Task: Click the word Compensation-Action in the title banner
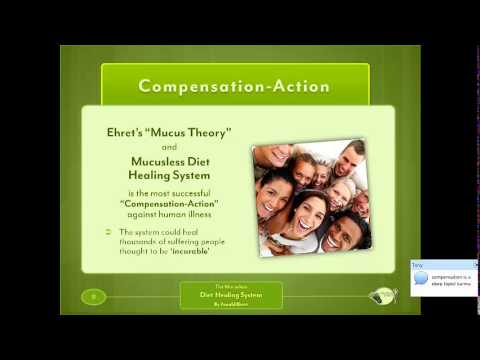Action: (234, 85)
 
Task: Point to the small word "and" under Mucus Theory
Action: (167, 146)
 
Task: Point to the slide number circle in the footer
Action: (95, 296)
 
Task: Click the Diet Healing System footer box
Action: (231, 295)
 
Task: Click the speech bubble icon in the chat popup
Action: (420, 278)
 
